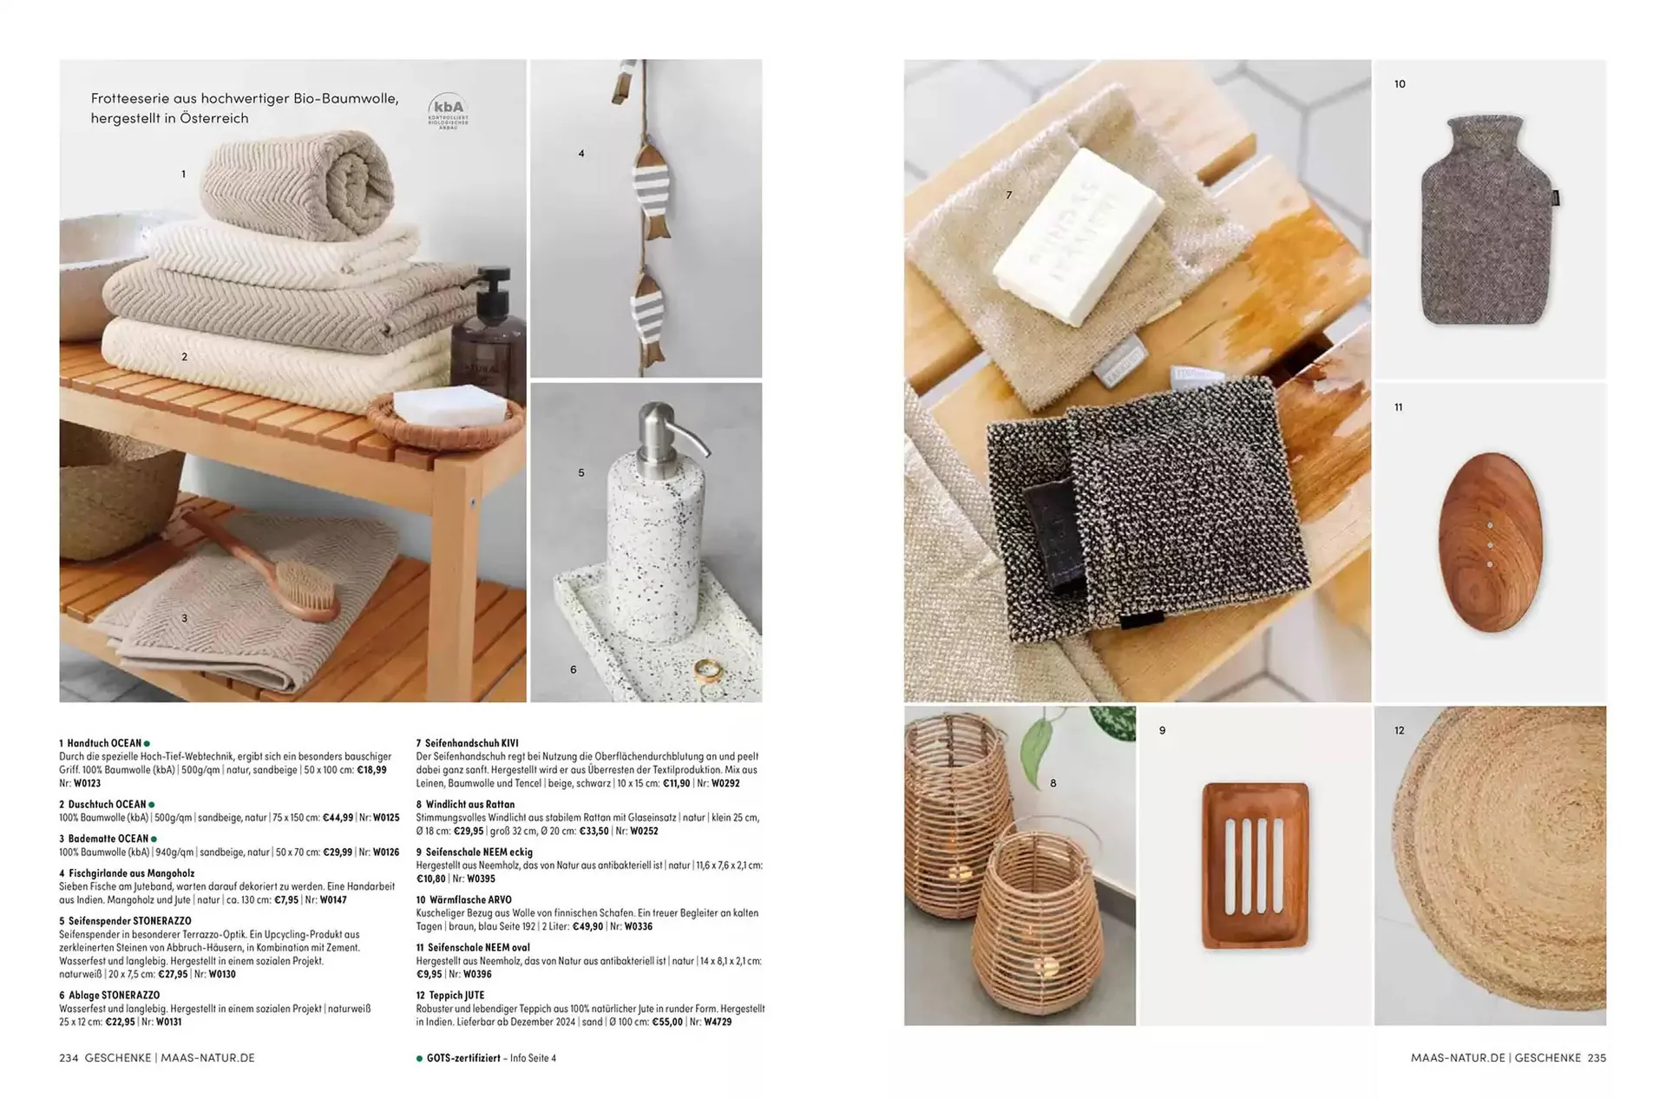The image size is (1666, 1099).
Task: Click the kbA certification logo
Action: point(448,112)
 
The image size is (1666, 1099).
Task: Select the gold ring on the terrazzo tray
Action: point(706,670)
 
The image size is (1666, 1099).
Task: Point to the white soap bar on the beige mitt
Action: point(1078,235)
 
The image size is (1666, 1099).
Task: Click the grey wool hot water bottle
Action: point(1487,220)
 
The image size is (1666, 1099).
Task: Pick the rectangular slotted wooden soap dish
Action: point(1256,865)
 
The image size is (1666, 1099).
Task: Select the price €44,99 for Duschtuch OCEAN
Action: point(338,818)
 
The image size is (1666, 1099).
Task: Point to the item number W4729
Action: point(718,1022)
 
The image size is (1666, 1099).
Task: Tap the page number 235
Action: point(1597,1058)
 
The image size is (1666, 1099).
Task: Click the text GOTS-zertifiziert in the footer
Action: point(463,1058)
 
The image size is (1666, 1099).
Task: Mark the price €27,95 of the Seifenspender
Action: point(173,974)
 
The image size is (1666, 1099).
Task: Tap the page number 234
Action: point(69,1058)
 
